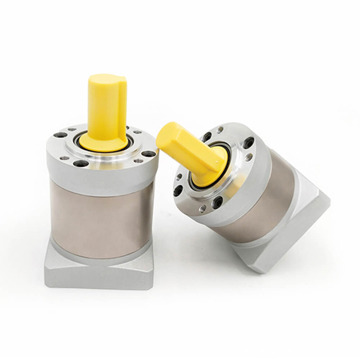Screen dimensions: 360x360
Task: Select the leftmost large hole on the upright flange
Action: [58, 136]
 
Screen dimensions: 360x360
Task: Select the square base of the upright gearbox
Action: [96, 273]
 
